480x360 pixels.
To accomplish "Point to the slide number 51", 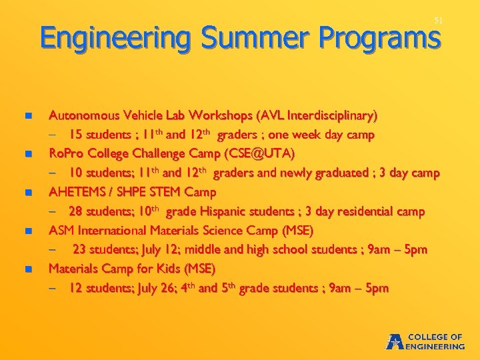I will point(438,21).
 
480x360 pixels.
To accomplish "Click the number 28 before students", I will point(76,212).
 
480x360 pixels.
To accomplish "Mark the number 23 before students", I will point(80,250).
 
